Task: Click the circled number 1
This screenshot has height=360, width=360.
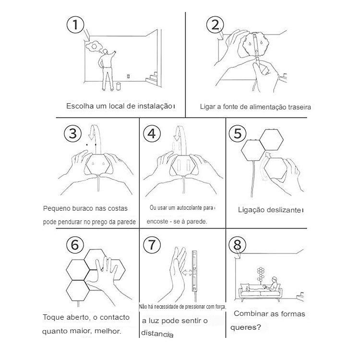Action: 75,24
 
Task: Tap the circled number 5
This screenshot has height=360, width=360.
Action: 238,133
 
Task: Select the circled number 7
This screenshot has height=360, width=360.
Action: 152,244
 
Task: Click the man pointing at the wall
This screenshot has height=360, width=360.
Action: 107,69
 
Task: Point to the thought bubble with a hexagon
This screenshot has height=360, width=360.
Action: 94,47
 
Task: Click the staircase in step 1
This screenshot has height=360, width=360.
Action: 152,78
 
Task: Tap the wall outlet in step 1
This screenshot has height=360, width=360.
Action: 128,76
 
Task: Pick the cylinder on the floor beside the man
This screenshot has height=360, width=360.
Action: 118,86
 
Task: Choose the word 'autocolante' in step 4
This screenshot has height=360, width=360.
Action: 190,208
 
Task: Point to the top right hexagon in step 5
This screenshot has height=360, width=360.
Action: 272,140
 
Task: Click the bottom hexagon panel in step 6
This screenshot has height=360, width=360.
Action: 78,291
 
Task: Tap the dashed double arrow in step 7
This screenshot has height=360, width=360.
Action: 187,273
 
